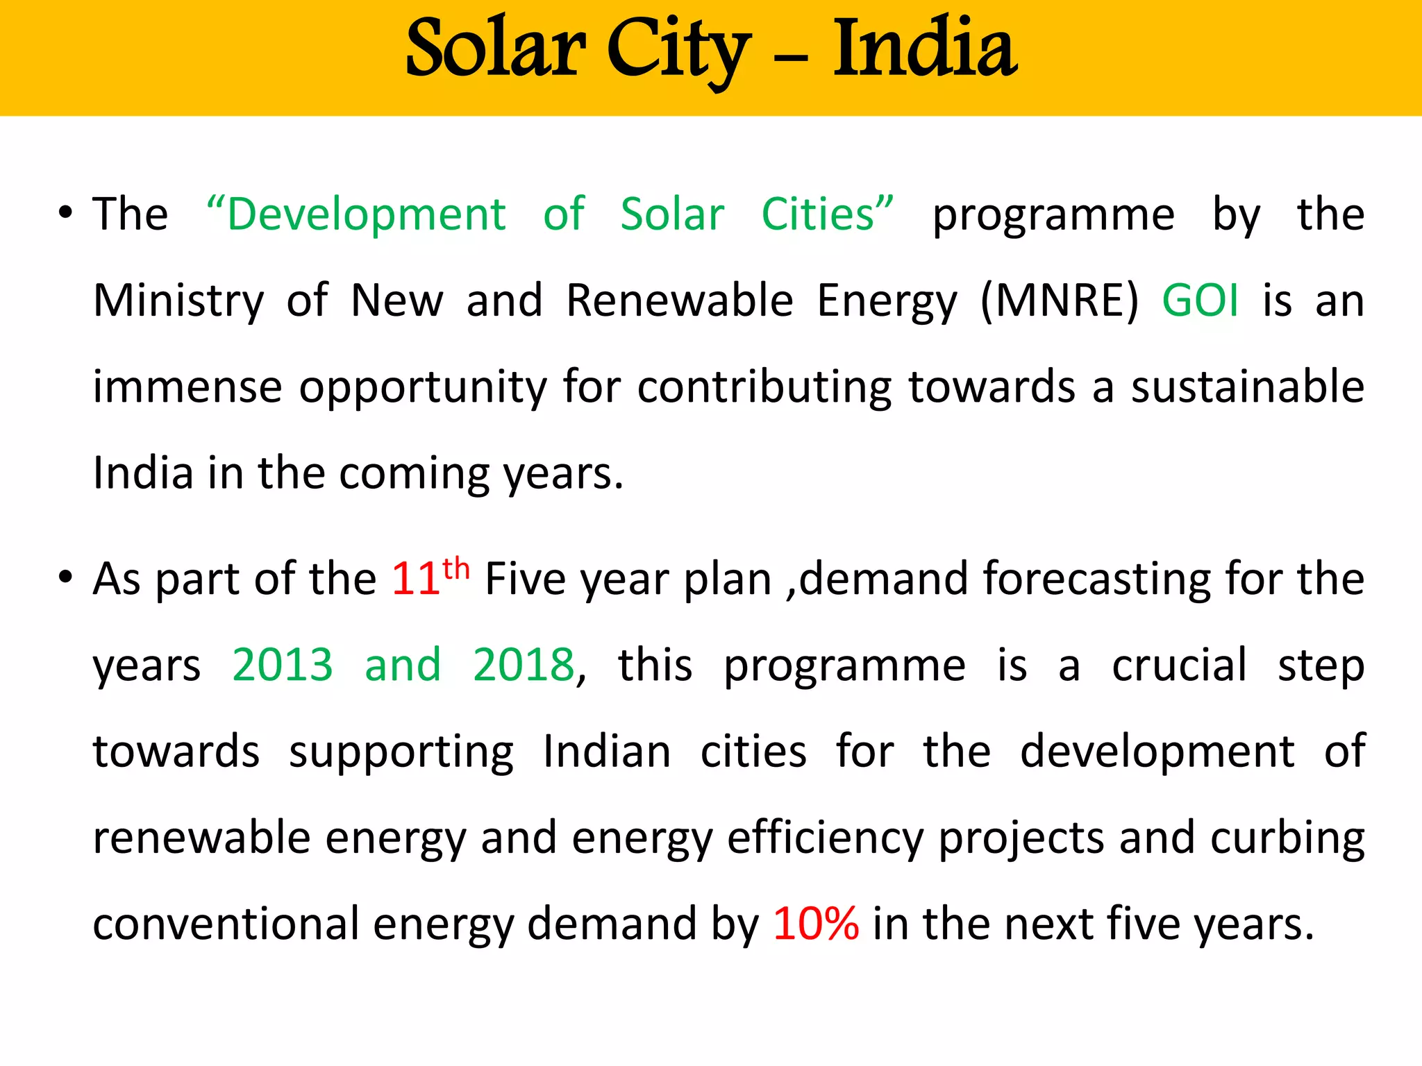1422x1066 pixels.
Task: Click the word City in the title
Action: click(x=678, y=50)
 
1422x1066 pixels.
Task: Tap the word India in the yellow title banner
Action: click(x=925, y=49)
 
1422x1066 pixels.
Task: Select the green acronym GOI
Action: click(x=1201, y=301)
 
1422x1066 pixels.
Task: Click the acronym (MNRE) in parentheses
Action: click(x=1060, y=301)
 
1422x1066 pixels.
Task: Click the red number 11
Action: click(x=415, y=579)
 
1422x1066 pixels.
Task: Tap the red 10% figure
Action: click(x=816, y=924)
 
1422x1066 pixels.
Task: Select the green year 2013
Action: click(x=283, y=665)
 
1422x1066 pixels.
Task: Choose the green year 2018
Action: click(x=524, y=665)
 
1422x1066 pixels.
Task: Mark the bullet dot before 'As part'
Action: click(x=65, y=577)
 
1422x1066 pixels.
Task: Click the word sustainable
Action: click(x=1247, y=387)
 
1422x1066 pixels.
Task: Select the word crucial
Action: click(x=1179, y=665)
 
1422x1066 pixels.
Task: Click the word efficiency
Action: click(x=825, y=838)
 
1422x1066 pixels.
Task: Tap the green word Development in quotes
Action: click(x=366, y=214)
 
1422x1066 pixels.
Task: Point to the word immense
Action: click(x=187, y=387)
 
